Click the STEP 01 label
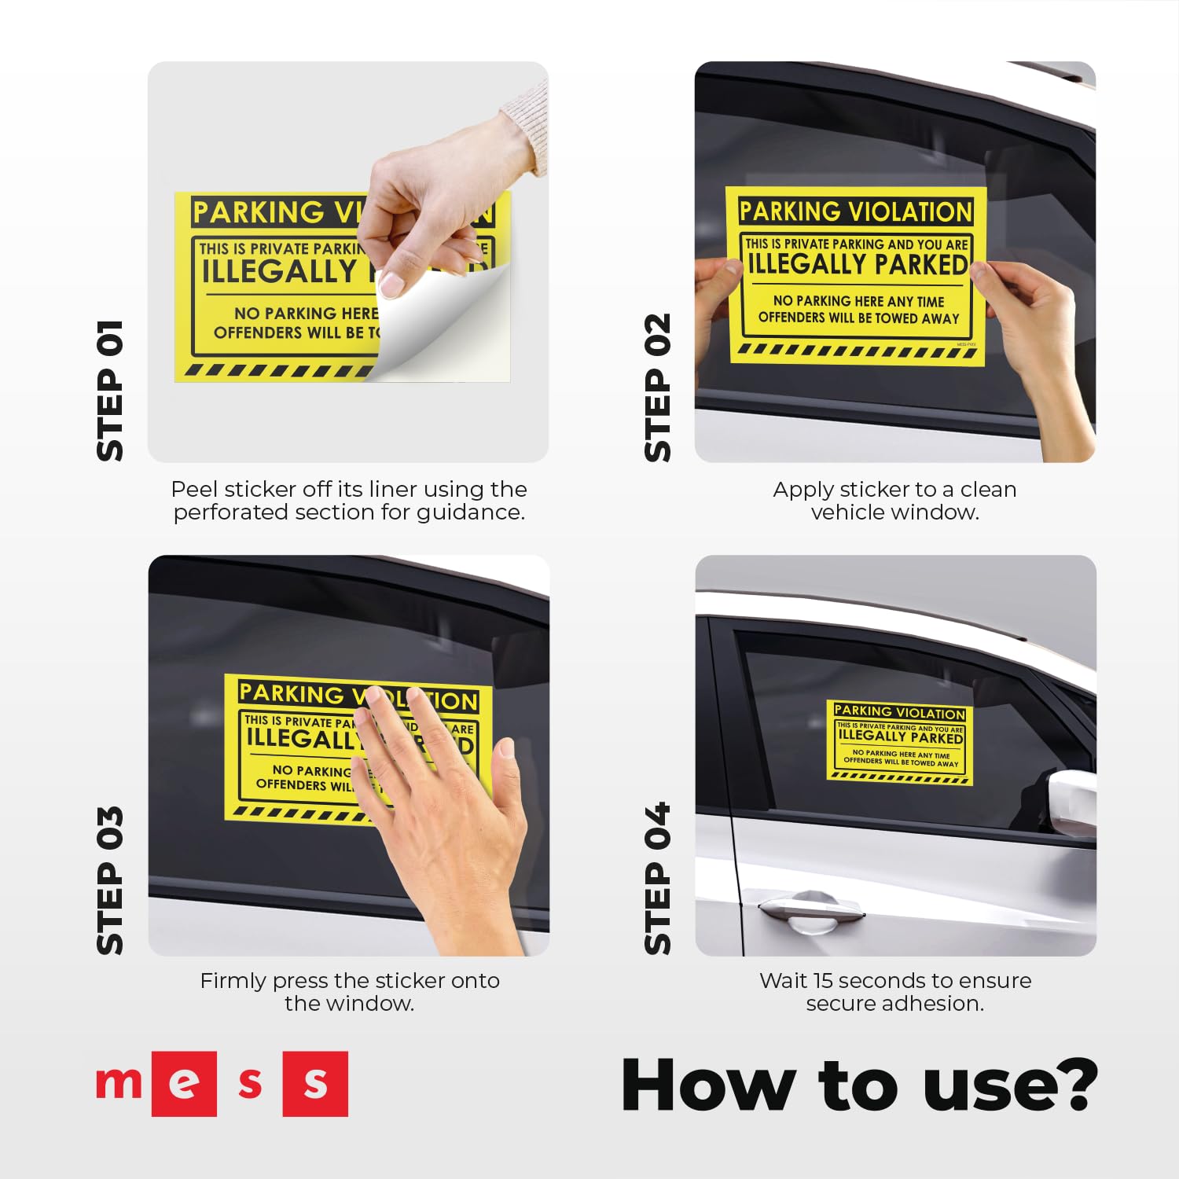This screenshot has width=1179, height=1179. click(x=110, y=391)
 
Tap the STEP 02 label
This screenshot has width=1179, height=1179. click(x=658, y=387)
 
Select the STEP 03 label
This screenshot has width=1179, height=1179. click(x=110, y=880)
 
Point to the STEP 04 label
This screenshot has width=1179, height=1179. click(x=658, y=879)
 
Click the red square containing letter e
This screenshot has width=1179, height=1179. click(x=184, y=1084)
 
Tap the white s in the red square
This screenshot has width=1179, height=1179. click(x=315, y=1084)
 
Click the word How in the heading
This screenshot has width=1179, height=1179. click(x=707, y=1085)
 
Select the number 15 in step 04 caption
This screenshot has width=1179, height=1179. click(x=822, y=981)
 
